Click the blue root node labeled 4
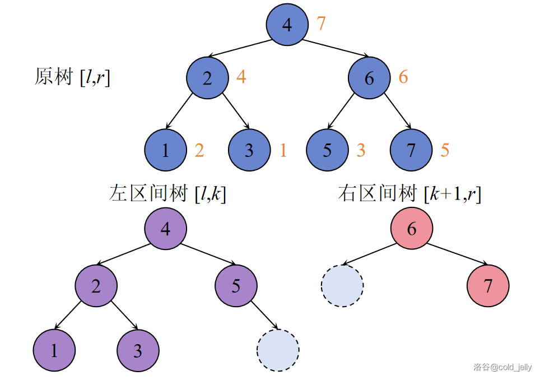click(287, 25)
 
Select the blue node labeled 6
click(369, 78)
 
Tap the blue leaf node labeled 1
click(165, 150)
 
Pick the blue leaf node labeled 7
click(411, 150)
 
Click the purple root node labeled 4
click(165, 229)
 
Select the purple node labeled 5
click(236, 286)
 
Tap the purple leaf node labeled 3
click(138, 351)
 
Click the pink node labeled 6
click(412, 229)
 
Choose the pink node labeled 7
click(488, 286)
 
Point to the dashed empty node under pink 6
click(342, 286)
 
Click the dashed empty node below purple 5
click(278, 350)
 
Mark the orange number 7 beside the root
click(321, 24)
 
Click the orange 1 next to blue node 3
click(283, 150)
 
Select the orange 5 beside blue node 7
click(445, 150)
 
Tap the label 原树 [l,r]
click(72, 77)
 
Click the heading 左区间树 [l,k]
click(167, 194)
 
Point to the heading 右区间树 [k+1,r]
click(409, 194)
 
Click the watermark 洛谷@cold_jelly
click(502, 367)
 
